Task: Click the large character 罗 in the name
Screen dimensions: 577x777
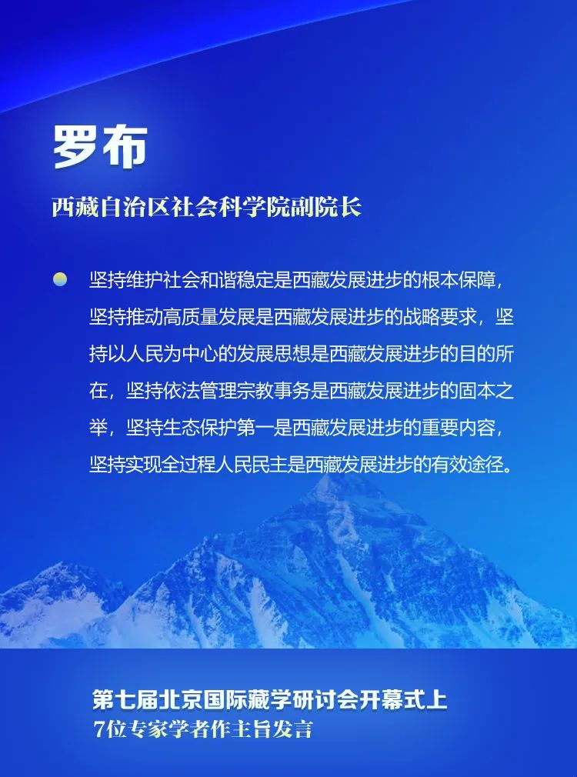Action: click(76, 147)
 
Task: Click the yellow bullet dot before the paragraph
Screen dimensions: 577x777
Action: click(60, 279)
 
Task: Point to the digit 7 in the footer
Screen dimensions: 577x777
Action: click(99, 729)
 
